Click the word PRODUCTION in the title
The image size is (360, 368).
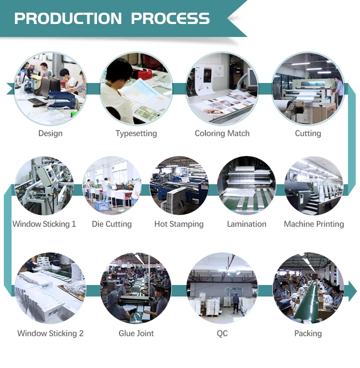(68, 19)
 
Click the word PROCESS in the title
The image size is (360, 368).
(170, 19)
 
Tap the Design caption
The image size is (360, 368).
(50, 133)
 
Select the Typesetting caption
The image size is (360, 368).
(136, 133)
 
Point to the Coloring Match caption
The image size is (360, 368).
(222, 133)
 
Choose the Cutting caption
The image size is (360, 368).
(308, 133)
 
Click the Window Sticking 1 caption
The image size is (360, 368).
(44, 224)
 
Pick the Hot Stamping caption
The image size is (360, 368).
(179, 224)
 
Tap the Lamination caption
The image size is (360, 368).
(247, 224)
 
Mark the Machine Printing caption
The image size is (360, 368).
(314, 224)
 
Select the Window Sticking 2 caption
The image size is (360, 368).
(50, 333)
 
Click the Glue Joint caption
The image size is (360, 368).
(136, 333)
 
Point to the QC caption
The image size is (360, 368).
(222, 333)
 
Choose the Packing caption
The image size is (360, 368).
(308, 333)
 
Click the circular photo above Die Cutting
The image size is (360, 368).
(112, 186)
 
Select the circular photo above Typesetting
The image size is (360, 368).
(136, 89)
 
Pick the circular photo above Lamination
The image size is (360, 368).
(247, 186)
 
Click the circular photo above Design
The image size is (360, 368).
(50, 89)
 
